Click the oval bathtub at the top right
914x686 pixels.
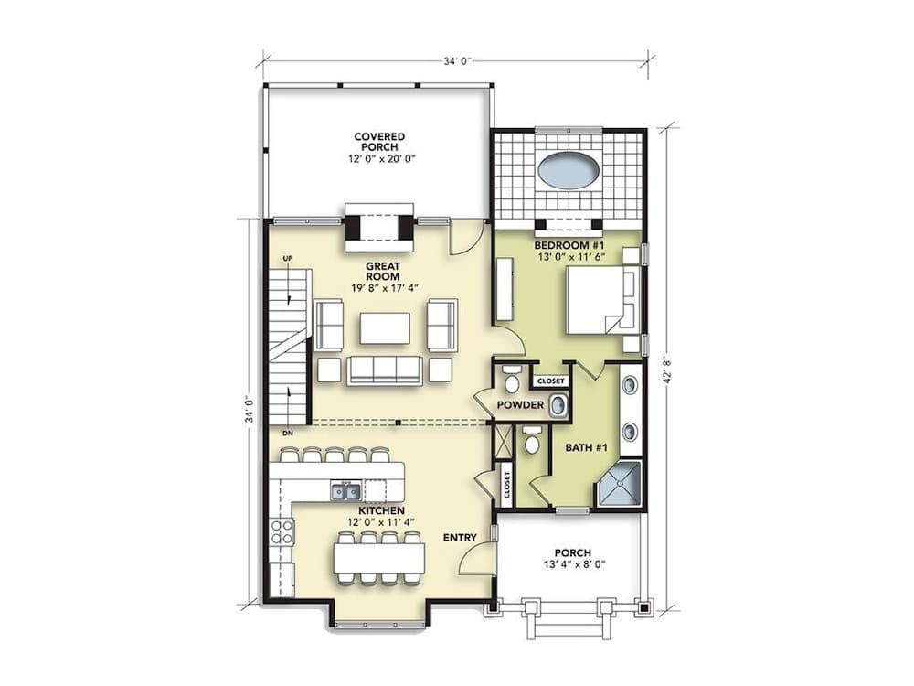569,170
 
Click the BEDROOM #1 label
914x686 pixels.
568,247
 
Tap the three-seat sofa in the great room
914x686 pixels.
385,370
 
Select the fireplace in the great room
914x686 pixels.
378,230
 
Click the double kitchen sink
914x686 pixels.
345,492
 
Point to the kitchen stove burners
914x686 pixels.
282,532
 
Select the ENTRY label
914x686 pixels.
459,538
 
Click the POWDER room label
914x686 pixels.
521,404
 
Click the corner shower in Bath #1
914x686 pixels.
619,485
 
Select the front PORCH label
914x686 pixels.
573,553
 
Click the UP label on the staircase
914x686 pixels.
288,259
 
